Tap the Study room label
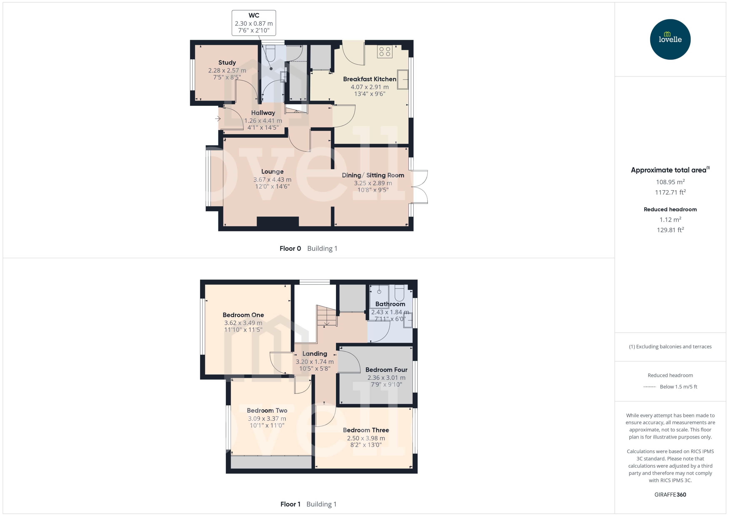[x=227, y=62]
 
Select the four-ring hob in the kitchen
[x=385, y=51]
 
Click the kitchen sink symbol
[x=402, y=79]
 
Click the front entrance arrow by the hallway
[x=218, y=119]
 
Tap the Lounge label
[x=272, y=172]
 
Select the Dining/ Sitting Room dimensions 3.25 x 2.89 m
[x=373, y=183]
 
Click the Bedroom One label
[x=243, y=315]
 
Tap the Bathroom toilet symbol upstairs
[x=399, y=293]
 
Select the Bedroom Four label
[x=386, y=370]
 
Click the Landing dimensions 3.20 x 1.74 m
[x=315, y=362]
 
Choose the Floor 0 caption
[x=290, y=249]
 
